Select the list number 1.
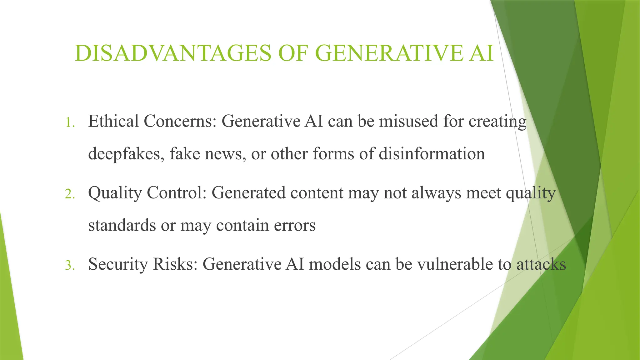click(x=70, y=122)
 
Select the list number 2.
click(x=70, y=194)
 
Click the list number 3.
click(x=70, y=265)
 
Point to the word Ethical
click(x=113, y=121)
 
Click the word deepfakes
click(x=124, y=154)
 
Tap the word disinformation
click(x=432, y=154)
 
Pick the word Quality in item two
click(x=115, y=193)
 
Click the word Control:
click(x=177, y=192)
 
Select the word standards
click(x=122, y=225)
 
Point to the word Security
click(x=118, y=264)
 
